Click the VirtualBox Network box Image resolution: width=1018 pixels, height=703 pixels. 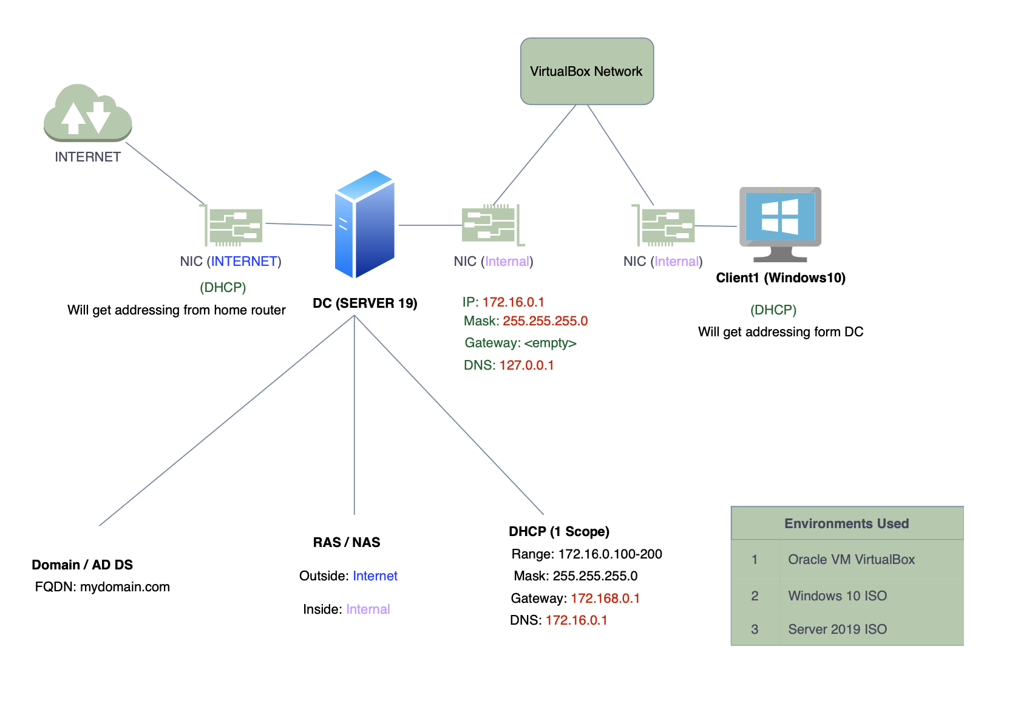coord(586,72)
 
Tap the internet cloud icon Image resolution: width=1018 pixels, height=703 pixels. coord(87,112)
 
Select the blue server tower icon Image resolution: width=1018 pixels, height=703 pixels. coord(365,224)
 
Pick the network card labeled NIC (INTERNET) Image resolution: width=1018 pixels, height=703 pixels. coord(234,225)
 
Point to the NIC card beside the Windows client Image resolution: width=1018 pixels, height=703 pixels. coord(665,226)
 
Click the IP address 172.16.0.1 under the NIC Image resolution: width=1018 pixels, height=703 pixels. coord(513,302)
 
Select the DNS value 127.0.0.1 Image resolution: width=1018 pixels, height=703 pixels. coord(526,365)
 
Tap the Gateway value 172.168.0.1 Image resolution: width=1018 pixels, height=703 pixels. coord(605,599)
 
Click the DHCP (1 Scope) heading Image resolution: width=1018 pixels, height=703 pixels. coord(558,532)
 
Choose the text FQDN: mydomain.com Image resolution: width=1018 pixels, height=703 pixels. coord(102,587)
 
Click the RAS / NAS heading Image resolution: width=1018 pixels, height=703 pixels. coord(346,543)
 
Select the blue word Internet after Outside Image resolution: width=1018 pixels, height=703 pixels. coord(375,576)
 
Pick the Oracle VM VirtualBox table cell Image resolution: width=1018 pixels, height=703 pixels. coord(851,560)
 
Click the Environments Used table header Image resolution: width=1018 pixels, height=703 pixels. coord(846,524)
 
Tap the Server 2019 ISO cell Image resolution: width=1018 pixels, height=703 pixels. coord(837,630)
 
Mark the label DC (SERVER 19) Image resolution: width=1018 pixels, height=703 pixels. coord(365,304)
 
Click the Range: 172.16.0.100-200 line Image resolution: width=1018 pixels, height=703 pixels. coord(586,554)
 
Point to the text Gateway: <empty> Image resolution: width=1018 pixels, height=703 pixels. coord(520,343)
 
